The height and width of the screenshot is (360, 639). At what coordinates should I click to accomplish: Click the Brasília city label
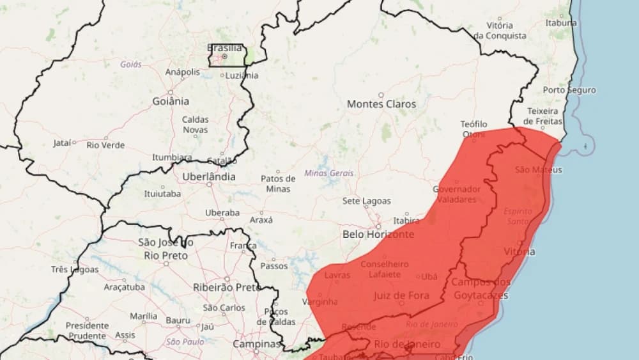(x=225, y=47)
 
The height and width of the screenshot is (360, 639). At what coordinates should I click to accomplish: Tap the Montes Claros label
(x=381, y=104)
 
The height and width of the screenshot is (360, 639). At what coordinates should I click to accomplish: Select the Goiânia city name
(x=171, y=101)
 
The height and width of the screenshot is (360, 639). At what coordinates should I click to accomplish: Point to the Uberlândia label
(x=208, y=176)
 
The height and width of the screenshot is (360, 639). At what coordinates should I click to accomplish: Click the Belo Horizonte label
(x=378, y=234)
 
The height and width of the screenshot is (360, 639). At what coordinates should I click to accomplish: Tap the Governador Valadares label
(x=456, y=194)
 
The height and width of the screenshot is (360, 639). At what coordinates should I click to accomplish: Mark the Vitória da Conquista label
(x=500, y=30)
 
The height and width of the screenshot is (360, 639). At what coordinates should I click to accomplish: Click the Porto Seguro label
(x=569, y=90)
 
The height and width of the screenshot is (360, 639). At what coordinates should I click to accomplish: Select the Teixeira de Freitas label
(x=543, y=116)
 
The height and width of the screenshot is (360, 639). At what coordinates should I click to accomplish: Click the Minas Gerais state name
(x=328, y=173)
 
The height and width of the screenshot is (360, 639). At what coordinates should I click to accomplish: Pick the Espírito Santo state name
(x=517, y=215)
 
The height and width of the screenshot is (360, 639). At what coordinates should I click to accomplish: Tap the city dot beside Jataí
(x=74, y=142)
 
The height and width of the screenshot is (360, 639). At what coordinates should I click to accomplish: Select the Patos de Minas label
(x=278, y=184)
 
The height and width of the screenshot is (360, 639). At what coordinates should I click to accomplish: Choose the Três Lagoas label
(x=75, y=269)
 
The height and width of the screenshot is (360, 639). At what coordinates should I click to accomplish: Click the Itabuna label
(x=560, y=23)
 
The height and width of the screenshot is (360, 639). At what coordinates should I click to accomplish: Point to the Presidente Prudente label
(x=86, y=331)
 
